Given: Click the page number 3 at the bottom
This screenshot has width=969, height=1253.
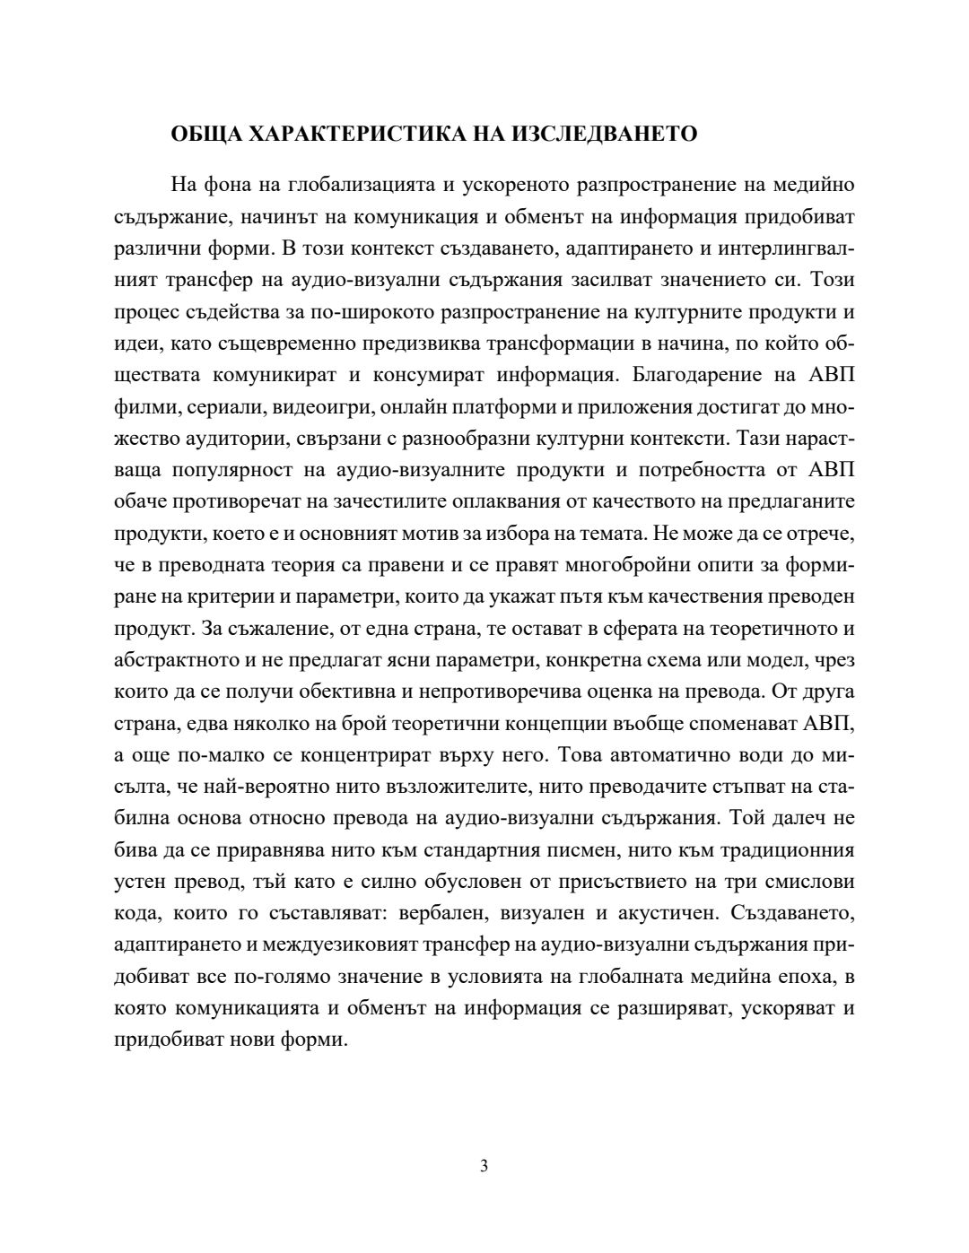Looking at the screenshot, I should point(484,1166).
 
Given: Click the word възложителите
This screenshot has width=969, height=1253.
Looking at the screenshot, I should point(464,787).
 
